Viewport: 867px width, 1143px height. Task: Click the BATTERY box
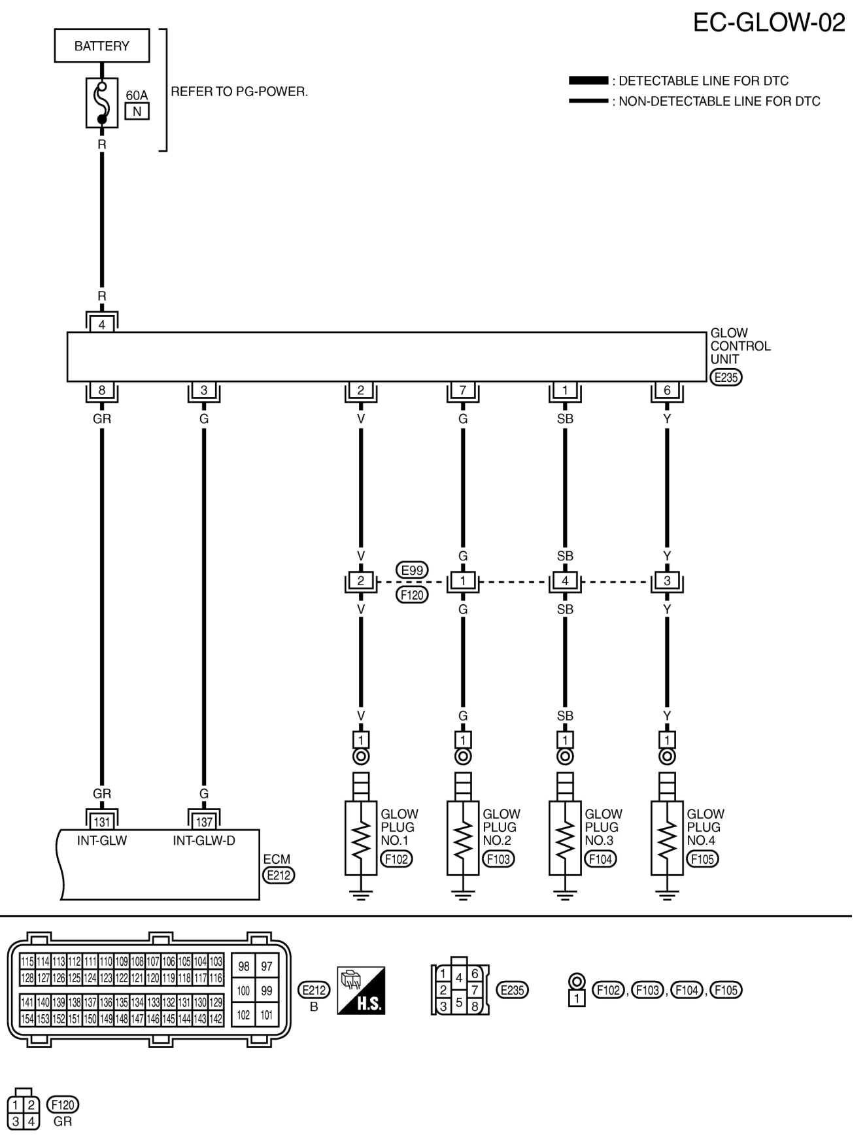click(x=102, y=46)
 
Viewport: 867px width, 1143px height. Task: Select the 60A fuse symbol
click(x=101, y=103)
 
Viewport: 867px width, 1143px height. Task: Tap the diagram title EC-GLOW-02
click(x=769, y=22)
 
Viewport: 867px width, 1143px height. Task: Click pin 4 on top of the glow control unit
click(x=102, y=324)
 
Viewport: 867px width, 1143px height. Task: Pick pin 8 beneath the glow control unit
click(x=102, y=390)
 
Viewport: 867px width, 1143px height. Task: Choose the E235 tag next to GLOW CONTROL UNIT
click(x=726, y=377)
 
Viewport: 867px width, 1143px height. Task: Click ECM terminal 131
click(x=102, y=821)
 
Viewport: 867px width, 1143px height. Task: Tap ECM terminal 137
click(x=204, y=821)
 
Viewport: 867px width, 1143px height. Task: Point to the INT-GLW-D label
click(x=204, y=841)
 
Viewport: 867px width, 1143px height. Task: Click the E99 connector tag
click(x=412, y=570)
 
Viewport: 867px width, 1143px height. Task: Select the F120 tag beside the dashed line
click(x=412, y=595)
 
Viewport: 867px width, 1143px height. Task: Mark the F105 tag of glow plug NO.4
click(x=702, y=859)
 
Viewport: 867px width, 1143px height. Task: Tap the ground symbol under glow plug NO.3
click(x=565, y=895)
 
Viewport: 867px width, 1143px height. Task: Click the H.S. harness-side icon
click(x=361, y=991)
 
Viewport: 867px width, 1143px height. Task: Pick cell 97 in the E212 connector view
click(x=267, y=966)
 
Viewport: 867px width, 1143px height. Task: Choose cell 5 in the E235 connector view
click(x=459, y=1002)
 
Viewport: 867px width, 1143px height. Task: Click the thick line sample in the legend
click(x=588, y=80)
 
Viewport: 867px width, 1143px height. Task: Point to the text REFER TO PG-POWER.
click(x=239, y=92)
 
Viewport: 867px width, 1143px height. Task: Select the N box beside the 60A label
click(x=137, y=112)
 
